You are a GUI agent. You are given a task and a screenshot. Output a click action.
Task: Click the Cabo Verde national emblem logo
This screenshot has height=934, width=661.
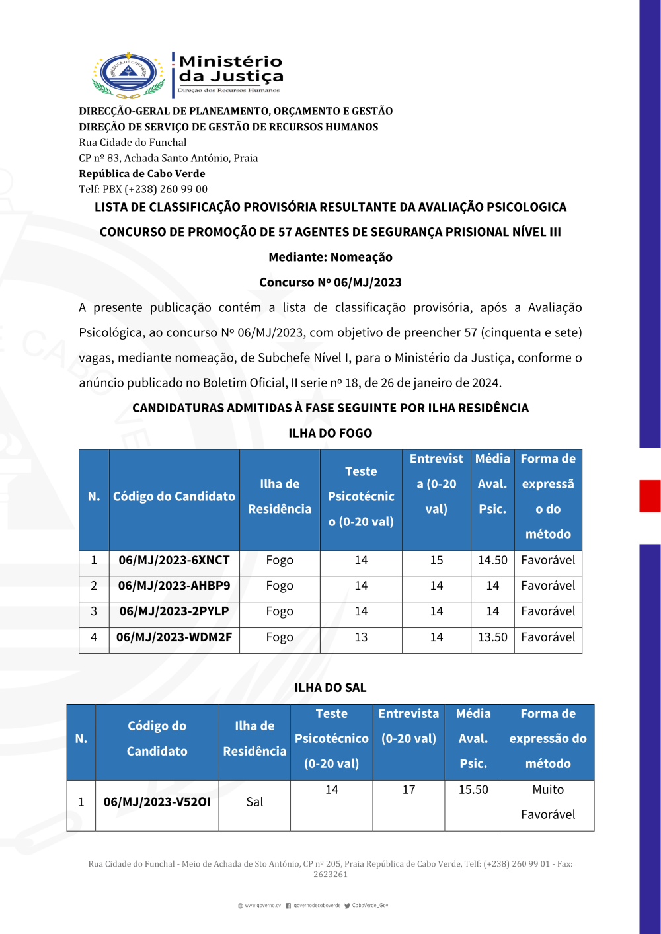(128, 75)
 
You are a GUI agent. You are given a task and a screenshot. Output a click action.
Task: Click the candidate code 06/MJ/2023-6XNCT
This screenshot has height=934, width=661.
(174, 561)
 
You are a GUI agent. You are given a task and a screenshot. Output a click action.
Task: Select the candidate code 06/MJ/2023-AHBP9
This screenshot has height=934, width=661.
(174, 586)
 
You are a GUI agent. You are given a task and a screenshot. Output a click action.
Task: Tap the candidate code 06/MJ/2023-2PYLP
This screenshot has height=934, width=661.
(174, 612)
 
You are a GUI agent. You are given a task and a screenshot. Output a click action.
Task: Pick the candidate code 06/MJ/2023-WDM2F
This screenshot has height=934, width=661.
(174, 638)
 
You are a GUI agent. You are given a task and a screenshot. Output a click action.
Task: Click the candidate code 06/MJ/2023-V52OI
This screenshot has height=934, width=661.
(157, 802)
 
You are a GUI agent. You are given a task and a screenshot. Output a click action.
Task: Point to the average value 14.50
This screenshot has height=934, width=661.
(492, 561)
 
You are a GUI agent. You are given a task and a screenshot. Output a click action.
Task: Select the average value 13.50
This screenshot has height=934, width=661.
(492, 638)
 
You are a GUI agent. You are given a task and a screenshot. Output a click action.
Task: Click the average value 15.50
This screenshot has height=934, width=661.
(473, 790)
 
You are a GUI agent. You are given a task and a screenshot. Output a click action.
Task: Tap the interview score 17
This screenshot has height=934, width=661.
(408, 790)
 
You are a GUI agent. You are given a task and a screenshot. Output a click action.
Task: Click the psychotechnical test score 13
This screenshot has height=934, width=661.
(361, 638)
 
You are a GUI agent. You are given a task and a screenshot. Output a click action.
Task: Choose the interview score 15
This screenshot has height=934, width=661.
(436, 561)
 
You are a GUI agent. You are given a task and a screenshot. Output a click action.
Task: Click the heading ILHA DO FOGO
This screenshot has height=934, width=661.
(330, 434)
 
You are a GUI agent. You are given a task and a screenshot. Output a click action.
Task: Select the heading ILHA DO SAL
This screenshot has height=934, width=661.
(330, 688)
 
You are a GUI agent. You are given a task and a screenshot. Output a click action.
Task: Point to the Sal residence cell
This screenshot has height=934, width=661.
(254, 802)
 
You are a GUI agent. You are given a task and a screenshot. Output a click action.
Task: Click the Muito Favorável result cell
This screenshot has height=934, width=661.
(548, 802)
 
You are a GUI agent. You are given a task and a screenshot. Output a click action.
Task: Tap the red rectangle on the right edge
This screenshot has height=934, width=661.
(650, 496)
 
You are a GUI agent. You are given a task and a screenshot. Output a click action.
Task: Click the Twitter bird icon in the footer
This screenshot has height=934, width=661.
(347, 906)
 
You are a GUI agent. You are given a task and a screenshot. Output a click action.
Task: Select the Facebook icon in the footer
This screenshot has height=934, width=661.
(288, 906)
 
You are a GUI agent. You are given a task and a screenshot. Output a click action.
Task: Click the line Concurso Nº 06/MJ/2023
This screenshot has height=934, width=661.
(330, 283)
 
